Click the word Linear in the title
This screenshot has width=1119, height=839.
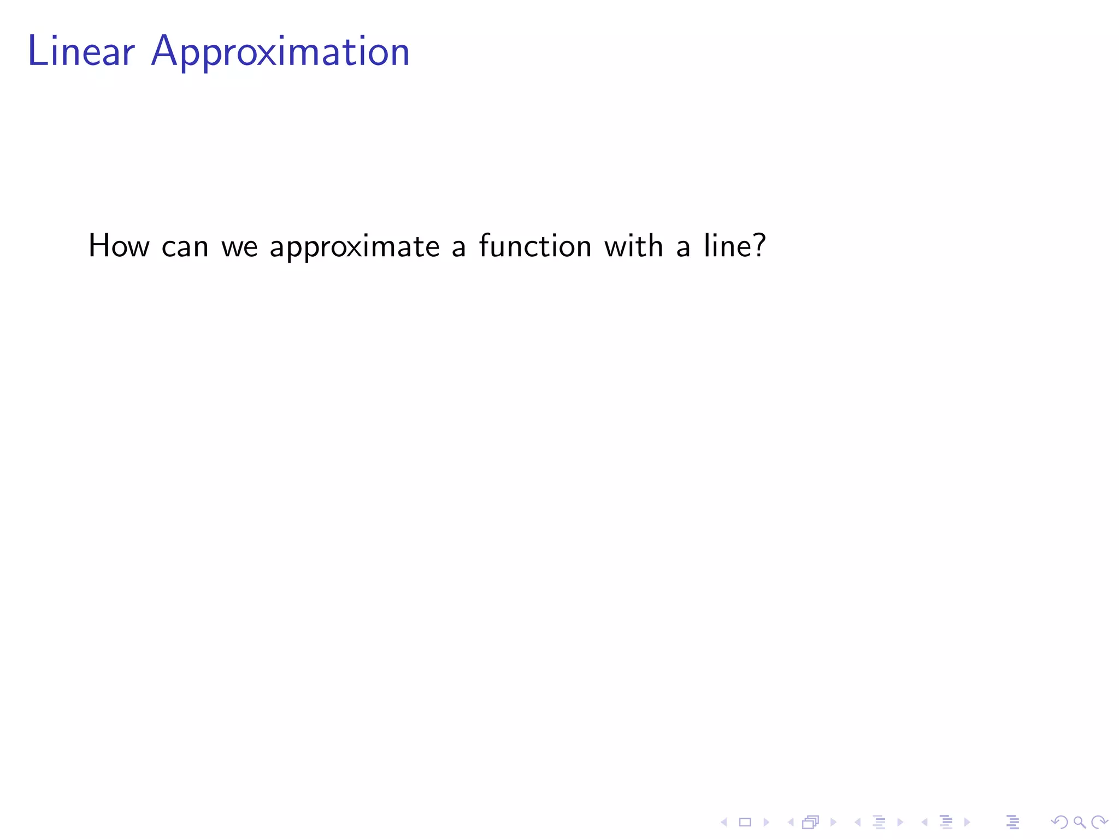pos(81,52)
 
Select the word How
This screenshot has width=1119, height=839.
pos(119,246)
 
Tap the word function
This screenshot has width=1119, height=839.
pos(535,246)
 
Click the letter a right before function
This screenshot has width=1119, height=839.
pos(459,247)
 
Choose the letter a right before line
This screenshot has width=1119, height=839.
pos(683,247)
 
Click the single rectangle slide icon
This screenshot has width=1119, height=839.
pos(745,822)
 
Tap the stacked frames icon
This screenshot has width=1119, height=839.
pos(811,822)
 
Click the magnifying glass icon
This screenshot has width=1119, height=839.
pos(1079,822)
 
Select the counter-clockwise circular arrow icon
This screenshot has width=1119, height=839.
pos(1059,822)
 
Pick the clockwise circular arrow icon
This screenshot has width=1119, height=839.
pos(1099,822)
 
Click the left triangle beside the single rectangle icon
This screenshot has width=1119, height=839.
pos(724,822)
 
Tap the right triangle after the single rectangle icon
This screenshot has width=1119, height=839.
pos(766,822)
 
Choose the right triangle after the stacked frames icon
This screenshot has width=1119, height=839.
pos(833,822)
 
